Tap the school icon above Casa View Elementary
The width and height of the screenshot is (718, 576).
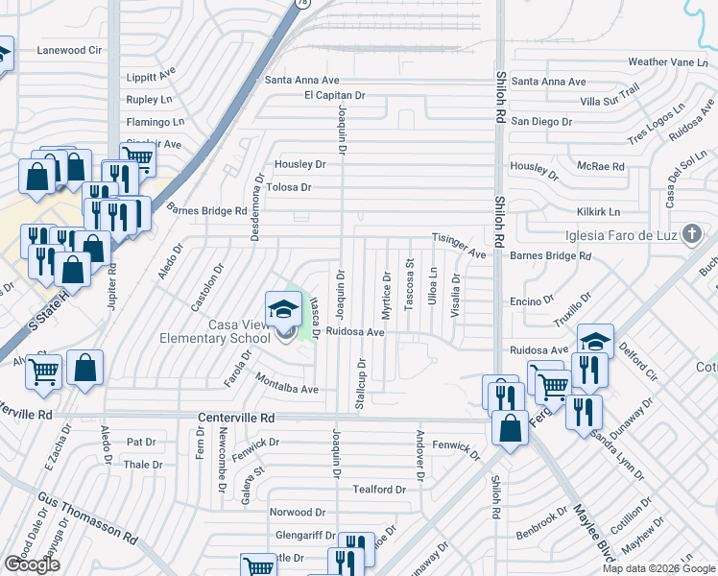coord(283,309)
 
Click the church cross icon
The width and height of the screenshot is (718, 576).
coord(690,235)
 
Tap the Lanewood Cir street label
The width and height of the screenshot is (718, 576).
coord(69,50)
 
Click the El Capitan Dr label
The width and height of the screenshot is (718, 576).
coord(335,96)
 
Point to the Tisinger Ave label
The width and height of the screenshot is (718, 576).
coord(459,245)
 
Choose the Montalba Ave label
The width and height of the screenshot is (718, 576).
coord(286,389)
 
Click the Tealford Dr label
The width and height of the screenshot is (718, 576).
coord(379,490)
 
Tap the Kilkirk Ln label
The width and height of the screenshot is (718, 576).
coord(598,211)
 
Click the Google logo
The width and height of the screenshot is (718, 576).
coord(32,564)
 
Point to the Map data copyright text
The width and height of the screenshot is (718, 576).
coord(658,568)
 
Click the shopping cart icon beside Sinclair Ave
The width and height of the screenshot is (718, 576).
coord(137,156)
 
